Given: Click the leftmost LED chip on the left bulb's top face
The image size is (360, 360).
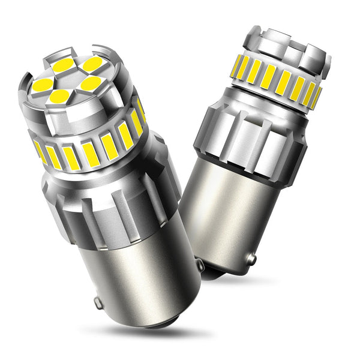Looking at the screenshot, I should [x=42, y=85].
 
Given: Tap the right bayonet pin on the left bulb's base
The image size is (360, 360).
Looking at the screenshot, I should [x=199, y=264].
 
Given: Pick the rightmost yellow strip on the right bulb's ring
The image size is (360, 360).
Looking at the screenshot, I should [x=315, y=97].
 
